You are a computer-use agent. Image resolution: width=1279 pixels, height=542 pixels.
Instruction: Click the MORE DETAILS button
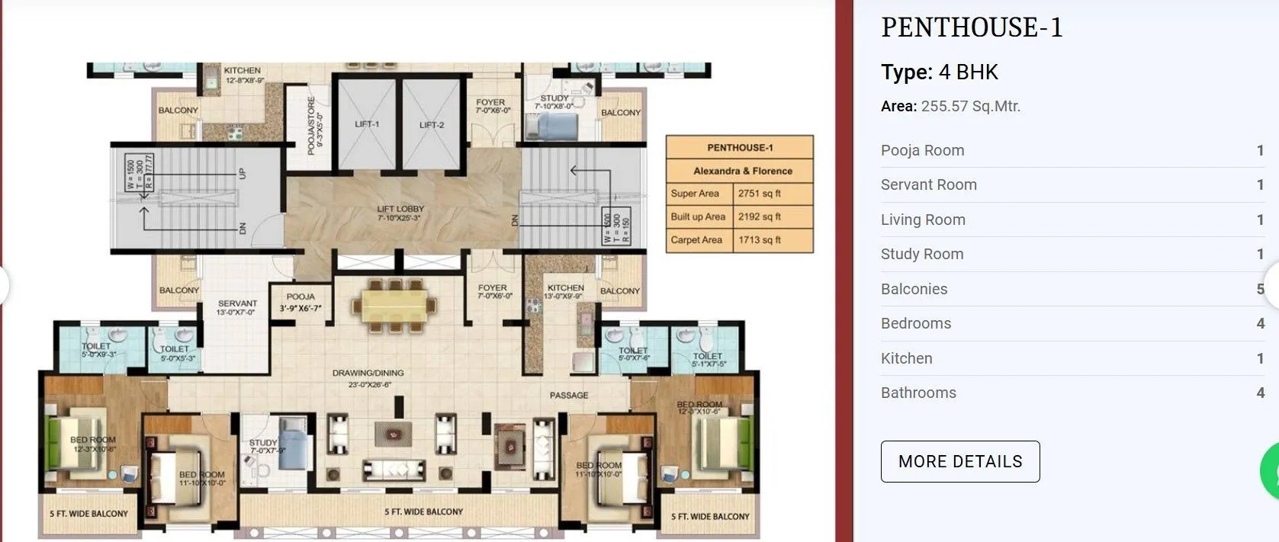[x=959, y=461]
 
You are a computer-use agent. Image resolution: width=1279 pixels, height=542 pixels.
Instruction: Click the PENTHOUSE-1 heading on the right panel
[x=971, y=27]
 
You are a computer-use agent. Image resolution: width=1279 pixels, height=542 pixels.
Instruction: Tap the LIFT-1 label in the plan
[x=367, y=124]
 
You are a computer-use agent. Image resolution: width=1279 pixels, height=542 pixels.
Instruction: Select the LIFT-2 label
[x=432, y=125]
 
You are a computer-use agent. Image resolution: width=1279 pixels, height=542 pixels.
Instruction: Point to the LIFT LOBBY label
[x=400, y=213]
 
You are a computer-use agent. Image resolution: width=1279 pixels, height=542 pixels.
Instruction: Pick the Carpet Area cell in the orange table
[x=696, y=240]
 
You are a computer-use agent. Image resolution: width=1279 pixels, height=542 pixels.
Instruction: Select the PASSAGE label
[x=569, y=395]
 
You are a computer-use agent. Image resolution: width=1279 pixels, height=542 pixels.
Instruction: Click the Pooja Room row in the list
[x=922, y=150]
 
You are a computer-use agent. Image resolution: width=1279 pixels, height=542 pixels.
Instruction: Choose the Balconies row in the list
[x=914, y=289]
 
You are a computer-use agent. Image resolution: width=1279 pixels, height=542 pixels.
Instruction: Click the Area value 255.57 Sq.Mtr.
[x=970, y=106]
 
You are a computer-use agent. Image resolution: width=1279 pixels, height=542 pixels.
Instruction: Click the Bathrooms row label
[x=918, y=393]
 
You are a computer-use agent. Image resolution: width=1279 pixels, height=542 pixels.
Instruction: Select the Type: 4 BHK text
[x=939, y=72]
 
